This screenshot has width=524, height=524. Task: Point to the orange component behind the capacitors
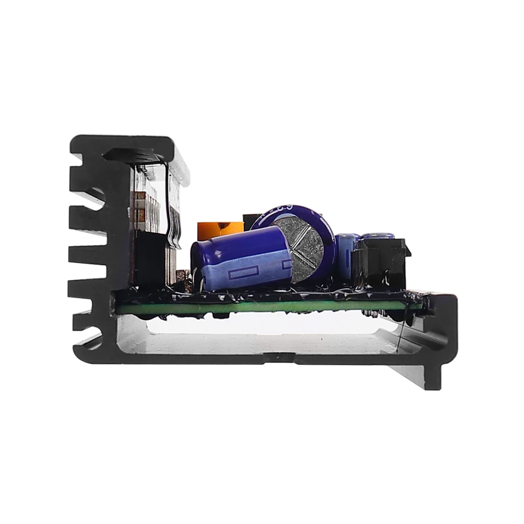point(220,229)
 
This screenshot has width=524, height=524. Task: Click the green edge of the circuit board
point(262,307)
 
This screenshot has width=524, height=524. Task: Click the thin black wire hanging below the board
point(400,335)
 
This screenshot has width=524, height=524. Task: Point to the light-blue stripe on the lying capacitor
point(246,275)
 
